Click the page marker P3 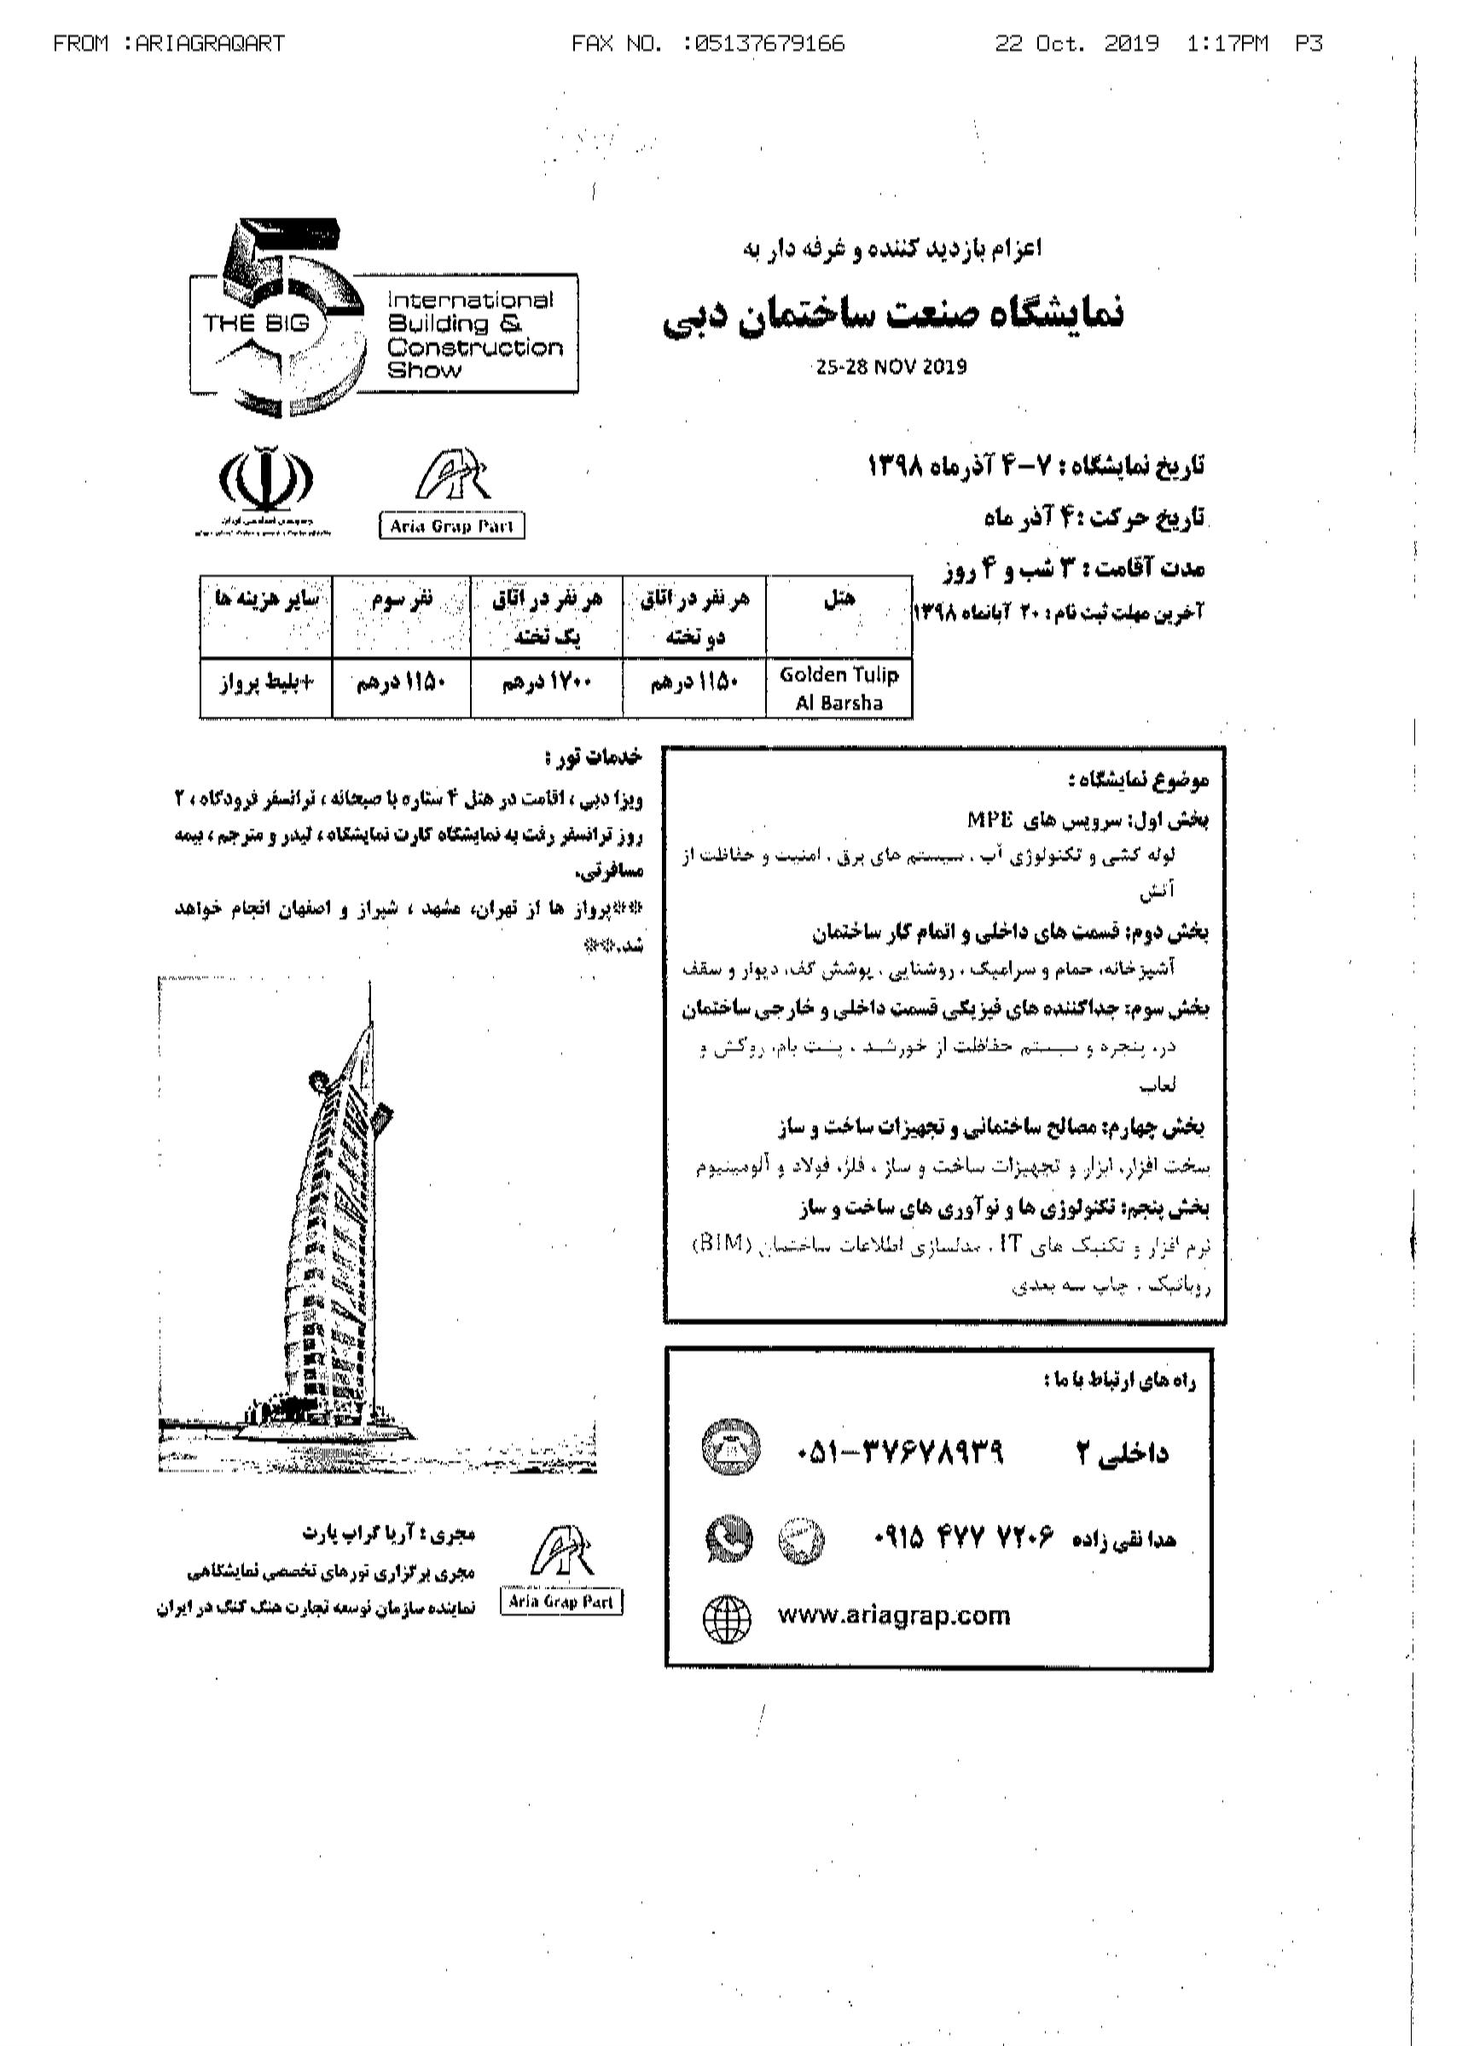click(x=1308, y=44)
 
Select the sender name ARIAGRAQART click(x=209, y=44)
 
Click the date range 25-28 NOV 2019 click(x=891, y=366)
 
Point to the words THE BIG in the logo click(x=256, y=323)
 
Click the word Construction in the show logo click(x=474, y=347)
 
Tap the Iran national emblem click(x=264, y=478)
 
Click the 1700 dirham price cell click(x=546, y=683)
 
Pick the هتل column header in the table click(x=839, y=599)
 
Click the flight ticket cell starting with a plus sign click(x=266, y=683)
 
